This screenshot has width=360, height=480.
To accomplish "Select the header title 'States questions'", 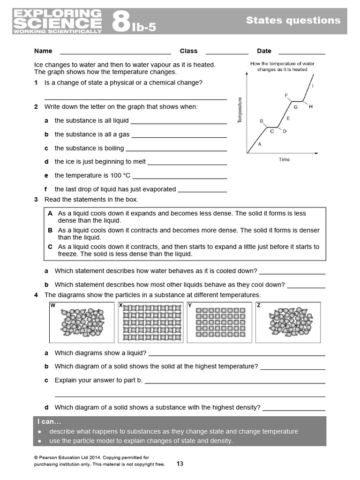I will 293,20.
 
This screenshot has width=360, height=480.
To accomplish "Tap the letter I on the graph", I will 313,86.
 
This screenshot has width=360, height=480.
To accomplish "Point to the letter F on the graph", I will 286,96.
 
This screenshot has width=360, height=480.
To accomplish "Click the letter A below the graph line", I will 260,144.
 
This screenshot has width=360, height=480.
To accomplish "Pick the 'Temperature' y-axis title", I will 240,111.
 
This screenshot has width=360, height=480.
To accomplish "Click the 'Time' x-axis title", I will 284,159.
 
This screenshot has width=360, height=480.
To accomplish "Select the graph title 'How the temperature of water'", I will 282,63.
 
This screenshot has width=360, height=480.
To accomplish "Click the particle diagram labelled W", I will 82,322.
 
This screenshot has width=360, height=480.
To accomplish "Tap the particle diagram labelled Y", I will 220,322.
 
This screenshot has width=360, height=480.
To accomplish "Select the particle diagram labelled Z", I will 289,322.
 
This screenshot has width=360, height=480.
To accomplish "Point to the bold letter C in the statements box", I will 50,247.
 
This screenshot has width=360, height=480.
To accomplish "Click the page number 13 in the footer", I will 180,464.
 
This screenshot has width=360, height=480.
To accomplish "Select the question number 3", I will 36,200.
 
